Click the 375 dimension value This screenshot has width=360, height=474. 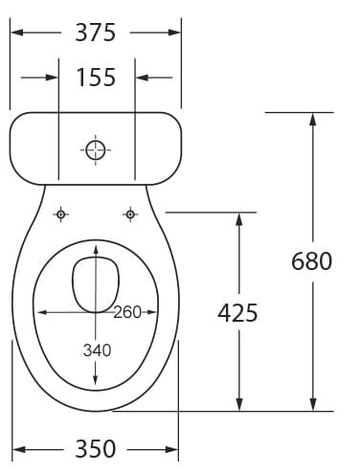(95, 33)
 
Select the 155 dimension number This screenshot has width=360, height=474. (96, 78)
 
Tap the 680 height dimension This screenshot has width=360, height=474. (311, 260)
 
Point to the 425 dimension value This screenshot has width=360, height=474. (237, 312)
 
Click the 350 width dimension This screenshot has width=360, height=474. (95, 449)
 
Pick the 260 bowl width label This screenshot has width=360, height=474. (127, 312)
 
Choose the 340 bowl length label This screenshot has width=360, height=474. (97, 350)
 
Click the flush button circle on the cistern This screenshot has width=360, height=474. (96, 149)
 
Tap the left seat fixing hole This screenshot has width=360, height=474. (61, 214)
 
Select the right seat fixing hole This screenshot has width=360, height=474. (130, 214)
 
